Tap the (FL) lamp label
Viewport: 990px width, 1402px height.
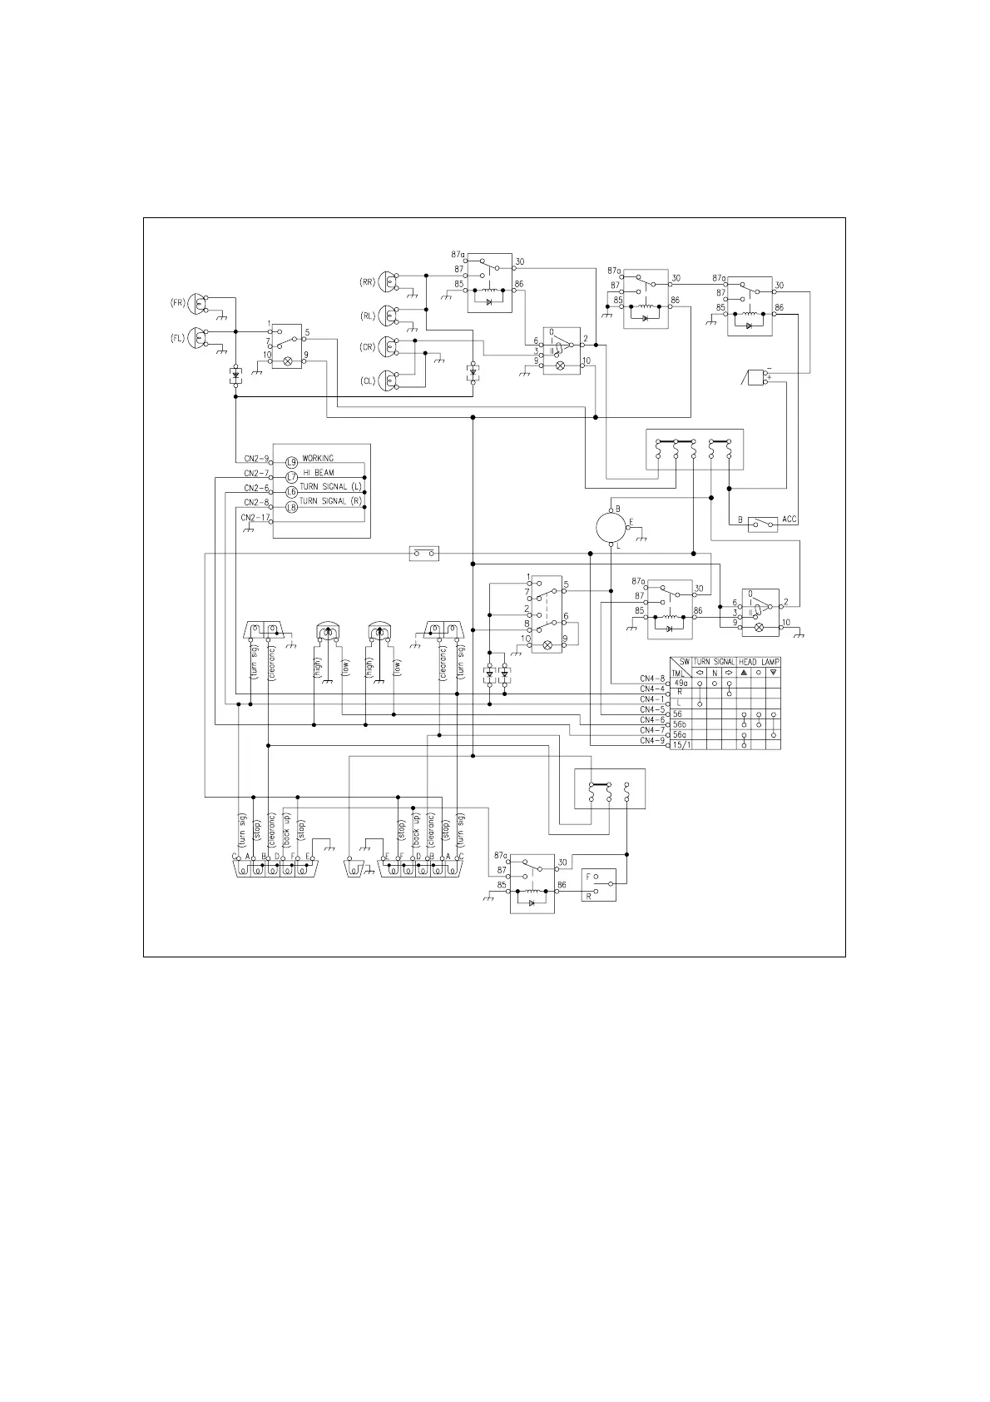coord(178,339)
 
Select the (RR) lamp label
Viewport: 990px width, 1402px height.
coord(367,282)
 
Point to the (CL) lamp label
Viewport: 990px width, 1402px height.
coord(367,380)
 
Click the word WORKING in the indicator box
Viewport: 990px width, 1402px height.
coord(318,459)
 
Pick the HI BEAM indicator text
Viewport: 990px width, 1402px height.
coord(318,473)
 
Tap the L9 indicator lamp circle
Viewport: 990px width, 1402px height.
coord(291,462)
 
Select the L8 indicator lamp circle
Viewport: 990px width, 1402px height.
coord(291,507)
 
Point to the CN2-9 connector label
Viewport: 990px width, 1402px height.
coord(256,459)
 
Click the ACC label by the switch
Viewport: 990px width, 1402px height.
coord(790,520)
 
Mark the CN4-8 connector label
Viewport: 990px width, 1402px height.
coord(652,679)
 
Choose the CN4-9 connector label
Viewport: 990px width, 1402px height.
coord(652,741)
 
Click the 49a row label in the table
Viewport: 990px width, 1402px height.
coord(681,683)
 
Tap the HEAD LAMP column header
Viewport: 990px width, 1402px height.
coord(759,662)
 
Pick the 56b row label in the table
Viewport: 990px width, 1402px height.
coord(681,724)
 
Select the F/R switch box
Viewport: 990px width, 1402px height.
coord(599,885)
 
